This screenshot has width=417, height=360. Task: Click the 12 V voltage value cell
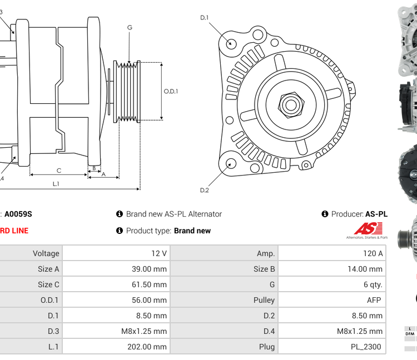pos(159,253)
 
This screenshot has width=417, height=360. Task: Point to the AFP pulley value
pos(375,300)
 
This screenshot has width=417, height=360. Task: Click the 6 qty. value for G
pos(373,284)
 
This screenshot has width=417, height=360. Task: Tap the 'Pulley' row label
pos(264,300)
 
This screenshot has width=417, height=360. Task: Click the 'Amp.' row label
pos(266,253)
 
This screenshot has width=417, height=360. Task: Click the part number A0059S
pos(18,214)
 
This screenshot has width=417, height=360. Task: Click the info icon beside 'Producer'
pos(325,214)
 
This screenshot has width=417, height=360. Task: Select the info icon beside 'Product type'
pos(119,231)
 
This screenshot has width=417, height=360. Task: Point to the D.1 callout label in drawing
pos(204,18)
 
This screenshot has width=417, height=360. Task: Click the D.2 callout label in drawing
pos(204,190)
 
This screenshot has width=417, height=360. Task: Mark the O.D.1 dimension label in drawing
pos(171,91)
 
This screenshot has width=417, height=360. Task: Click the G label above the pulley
pos(130,27)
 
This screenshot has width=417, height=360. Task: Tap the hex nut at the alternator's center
pos(290,104)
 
